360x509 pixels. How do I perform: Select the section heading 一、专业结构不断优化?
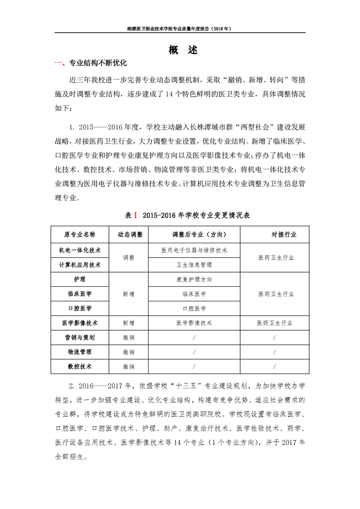click(91, 63)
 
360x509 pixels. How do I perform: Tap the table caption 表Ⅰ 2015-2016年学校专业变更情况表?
click(187, 215)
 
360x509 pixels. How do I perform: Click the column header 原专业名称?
click(80, 235)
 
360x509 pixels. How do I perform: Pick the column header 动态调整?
click(130, 235)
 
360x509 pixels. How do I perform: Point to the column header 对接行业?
click(284, 235)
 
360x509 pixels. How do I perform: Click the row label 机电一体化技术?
click(80, 250)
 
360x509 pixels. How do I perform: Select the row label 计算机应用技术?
click(80, 264)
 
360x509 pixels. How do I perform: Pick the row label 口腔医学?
click(80, 308)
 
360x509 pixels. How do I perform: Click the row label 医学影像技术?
click(80, 323)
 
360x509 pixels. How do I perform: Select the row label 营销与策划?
click(80, 338)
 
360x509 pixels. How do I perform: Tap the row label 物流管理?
click(80, 352)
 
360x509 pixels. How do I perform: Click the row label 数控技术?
click(80, 367)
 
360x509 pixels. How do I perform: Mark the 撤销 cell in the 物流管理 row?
click(129, 352)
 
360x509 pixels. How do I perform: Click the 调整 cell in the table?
click(129, 257)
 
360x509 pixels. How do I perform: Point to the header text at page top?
click(180, 29)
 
